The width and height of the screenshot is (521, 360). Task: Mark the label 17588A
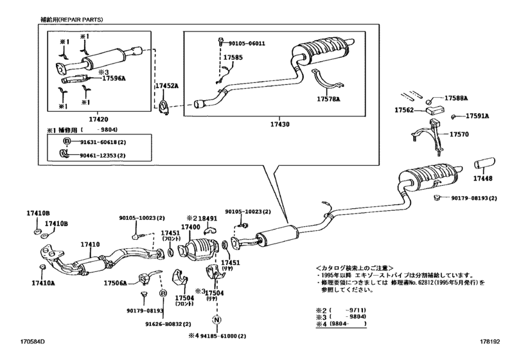pos(457,98)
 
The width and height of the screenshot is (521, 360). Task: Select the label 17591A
pos(477,116)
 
